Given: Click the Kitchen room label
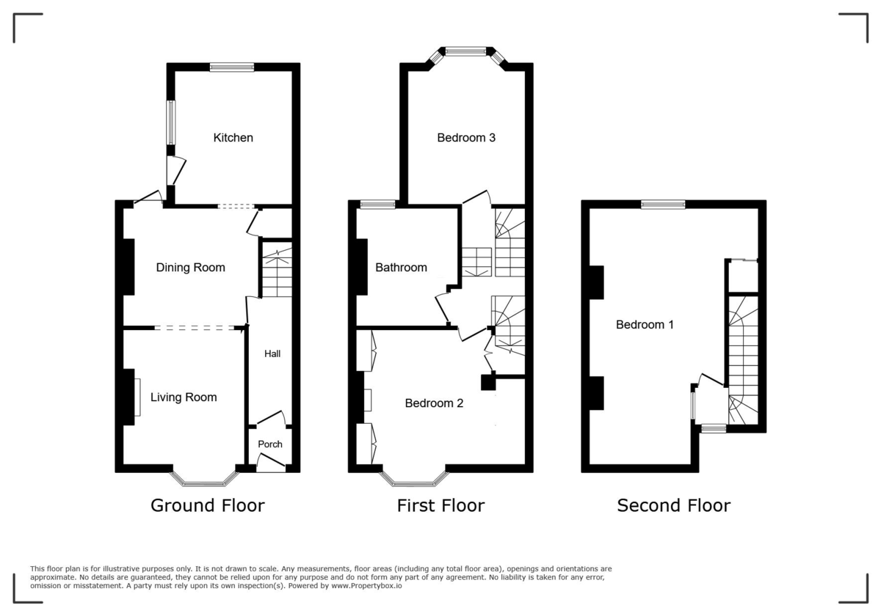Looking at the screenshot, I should click(233, 138).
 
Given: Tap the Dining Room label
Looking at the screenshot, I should click(190, 268).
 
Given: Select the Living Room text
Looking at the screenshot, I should click(184, 397).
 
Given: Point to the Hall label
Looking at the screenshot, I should click(272, 353).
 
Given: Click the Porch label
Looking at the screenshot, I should click(269, 444).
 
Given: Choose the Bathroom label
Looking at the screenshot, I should click(401, 268).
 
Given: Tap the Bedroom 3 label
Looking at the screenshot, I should click(466, 137).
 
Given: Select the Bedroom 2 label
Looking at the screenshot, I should click(434, 403).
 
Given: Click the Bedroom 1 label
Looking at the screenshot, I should click(645, 324).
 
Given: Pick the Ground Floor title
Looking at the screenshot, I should click(207, 505).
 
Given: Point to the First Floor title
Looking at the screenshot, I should click(440, 505).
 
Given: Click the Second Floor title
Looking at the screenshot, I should click(673, 505).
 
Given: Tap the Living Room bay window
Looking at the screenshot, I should click(205, 483).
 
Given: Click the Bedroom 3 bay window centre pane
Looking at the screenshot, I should click(466, 51).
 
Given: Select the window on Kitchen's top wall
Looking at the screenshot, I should click(232, 67).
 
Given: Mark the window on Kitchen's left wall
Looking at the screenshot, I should click(170, 122).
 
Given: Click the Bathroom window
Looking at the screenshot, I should click(377, 205).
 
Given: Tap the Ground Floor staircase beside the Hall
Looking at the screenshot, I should click(277, 273).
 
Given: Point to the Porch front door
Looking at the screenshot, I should click(271, 462).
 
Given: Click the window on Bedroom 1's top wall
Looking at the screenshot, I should click(663, 205).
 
